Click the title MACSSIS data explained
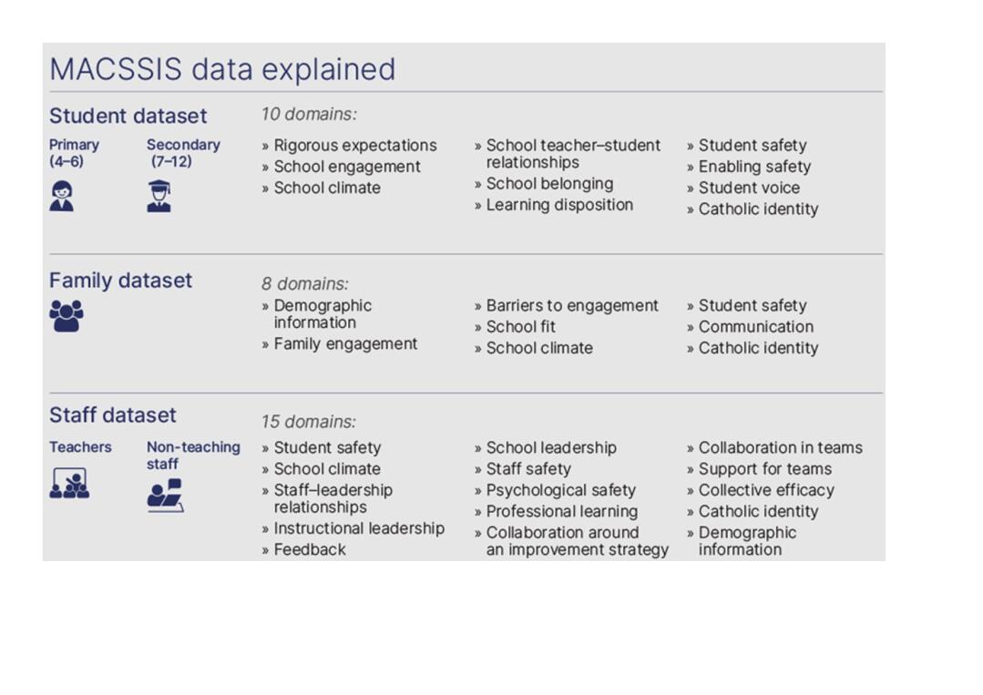point(222,69)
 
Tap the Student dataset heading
point(128,116)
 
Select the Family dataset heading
point(120,281)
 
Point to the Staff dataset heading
point(113,414)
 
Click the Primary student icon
point(61,196)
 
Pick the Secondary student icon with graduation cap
point(159,196)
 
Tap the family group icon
point(67,316)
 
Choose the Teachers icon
point(69,483)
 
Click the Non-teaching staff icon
point(166,496)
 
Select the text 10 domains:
point(309,114)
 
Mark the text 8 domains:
point(304,284)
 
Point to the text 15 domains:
point(309,422)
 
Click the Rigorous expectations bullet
point(349,146)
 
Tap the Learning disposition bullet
point(554,205)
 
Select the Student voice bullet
point(742,188)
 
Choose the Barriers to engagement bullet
point(566,306)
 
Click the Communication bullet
point(750,327)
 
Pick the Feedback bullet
point(303,549)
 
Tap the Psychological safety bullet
point(555,490)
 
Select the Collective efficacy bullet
point(761,490)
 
